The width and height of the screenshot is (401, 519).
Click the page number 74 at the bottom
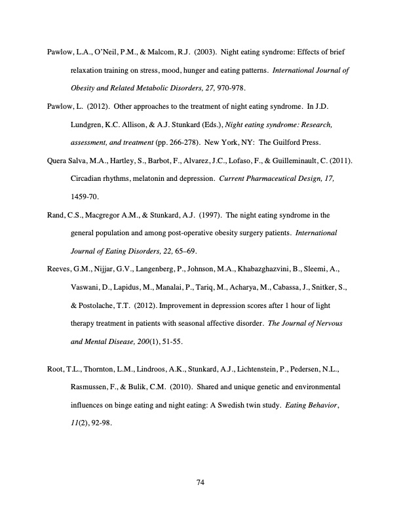pos(201,483)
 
